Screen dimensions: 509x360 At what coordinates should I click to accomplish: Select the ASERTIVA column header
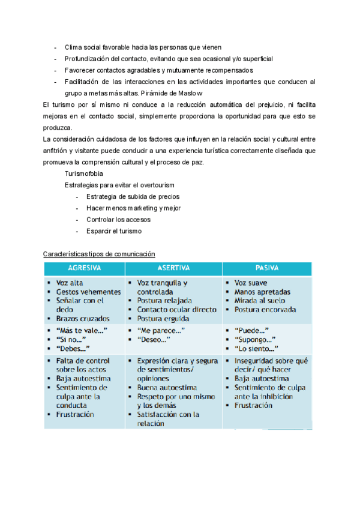[x=173, y=268]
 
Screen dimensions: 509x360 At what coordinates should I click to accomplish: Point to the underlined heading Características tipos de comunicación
[x=100, y=254]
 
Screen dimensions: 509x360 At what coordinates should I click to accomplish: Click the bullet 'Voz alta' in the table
[x=70, y=282]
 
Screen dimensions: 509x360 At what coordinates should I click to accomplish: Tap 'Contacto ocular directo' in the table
[x=176, y=309]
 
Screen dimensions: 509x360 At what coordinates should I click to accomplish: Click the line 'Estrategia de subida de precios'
[x=133, y=196]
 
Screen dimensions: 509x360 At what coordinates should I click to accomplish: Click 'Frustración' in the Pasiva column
[x=253, y=405]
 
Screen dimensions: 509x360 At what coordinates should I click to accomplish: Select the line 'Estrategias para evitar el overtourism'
[x=124, y=185]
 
